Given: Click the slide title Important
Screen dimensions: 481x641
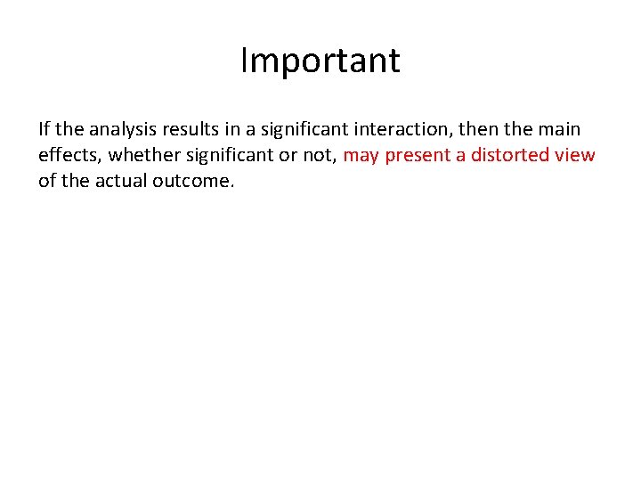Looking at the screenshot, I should click(x=320, y=61).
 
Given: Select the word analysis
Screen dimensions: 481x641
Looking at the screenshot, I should click(x=124, y=129).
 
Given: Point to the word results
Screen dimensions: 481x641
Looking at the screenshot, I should click(x=194, y=129).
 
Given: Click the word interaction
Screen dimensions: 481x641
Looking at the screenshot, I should click(x=406, y=129).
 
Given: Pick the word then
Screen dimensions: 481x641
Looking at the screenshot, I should click(x=478, y=129).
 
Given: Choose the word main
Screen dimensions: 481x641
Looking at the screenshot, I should click(x=558, y=129).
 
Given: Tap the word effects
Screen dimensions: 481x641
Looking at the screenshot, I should click(x=70, y=155).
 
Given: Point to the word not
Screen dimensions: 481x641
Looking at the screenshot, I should click(x=320, y=155).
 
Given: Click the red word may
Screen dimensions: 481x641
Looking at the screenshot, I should click(x=361, y=156).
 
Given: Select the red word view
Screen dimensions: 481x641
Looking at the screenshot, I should click(x=576, y=155).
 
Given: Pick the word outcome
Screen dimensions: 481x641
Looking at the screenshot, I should click(x=192, y=181).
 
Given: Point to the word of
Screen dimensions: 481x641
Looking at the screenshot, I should click(x=47, y=181).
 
